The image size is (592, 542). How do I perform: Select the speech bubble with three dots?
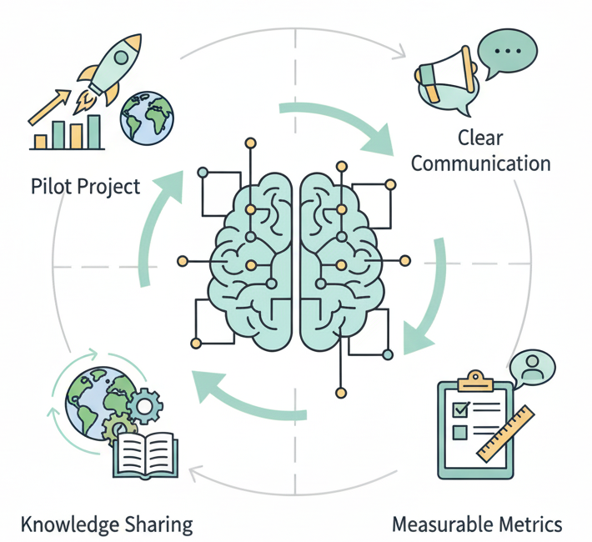506,52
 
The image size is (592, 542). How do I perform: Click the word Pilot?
53,185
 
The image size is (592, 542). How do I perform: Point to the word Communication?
481,162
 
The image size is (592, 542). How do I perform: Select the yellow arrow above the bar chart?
50,105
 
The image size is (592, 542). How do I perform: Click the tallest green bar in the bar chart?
93,131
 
